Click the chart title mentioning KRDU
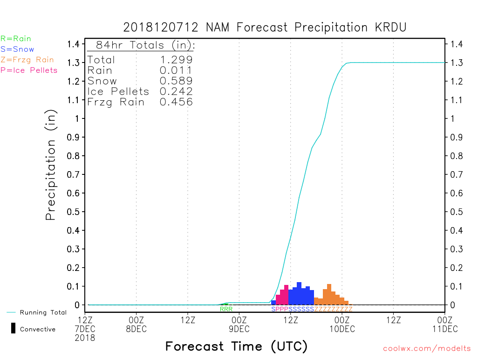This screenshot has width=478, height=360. point(265,28)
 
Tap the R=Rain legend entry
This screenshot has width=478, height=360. point(16,39)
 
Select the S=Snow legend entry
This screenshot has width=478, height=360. point(17,49)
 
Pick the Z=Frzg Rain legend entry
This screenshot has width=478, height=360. point(27,60)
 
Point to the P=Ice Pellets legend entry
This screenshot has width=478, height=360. point(29,70)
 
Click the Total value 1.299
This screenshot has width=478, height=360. point(176,60)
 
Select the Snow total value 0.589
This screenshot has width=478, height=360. point(176,81)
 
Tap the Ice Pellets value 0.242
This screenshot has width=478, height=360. point(176,91)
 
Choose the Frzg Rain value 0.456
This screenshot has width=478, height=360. point(176,102)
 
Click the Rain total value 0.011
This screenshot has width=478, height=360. point(176,70)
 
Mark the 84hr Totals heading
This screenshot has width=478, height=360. point(145,46)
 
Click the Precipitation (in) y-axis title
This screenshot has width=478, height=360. point(51,165)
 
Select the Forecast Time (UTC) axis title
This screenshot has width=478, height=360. point(236,346)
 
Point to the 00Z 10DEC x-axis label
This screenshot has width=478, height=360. point(342,324)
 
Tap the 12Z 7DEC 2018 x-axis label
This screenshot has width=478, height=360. point(85,328)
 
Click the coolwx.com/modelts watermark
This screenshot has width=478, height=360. point(427,349)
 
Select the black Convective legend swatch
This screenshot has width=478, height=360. point(13,328)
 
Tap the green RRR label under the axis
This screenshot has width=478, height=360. point(226,309)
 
